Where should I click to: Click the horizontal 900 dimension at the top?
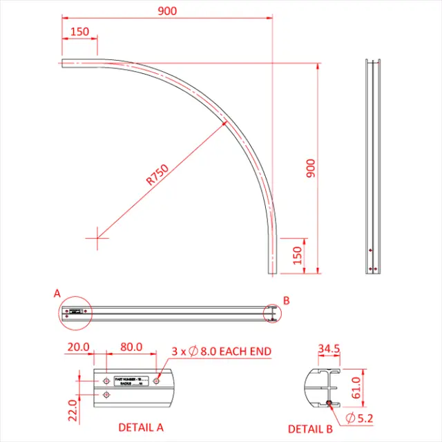166,10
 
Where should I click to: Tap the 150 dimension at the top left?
79,32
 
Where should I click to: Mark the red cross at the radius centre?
97,238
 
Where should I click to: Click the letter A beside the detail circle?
57,294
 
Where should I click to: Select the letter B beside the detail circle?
287,300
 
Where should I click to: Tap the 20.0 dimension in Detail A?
79,347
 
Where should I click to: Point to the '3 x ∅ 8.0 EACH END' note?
221,352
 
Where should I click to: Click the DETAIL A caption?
141,427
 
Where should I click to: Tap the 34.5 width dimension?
328,349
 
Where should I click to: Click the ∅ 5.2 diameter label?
359,417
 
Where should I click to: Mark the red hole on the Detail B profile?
331,404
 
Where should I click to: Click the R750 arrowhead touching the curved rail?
227,123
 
